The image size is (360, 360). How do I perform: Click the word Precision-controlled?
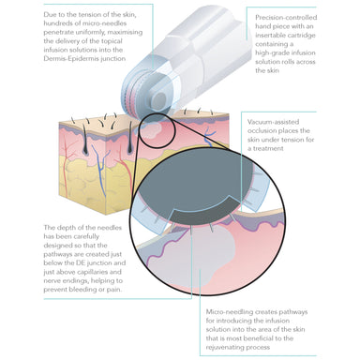[286, 18]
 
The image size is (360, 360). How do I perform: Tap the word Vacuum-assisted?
[273, 122]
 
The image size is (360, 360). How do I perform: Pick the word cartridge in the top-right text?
[301, 36]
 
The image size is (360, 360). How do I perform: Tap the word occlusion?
[262, 130]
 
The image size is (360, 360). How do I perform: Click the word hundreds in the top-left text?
[56, 23]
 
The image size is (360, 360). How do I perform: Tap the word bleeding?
[83, 290]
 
